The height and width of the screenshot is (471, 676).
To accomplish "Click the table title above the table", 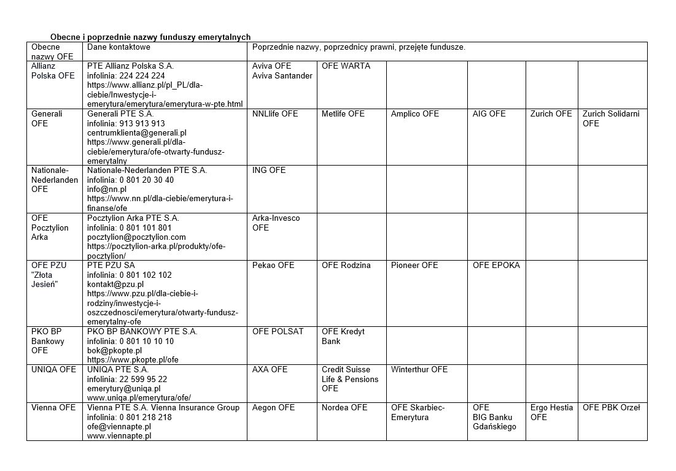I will [x=150, y=37].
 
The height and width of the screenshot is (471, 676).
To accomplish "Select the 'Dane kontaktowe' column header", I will [x=118, y=47].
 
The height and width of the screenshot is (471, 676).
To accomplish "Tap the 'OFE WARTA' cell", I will [x=346, y=66].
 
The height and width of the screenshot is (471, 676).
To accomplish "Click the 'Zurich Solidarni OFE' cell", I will [x=610, y=118].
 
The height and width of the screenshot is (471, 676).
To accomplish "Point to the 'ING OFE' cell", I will [x=269, y=170].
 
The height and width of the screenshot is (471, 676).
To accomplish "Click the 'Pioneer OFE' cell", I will [x=414, y=266].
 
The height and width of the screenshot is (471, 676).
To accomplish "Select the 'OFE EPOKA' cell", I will [x=496, y=266].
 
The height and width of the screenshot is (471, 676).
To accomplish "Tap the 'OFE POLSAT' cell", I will [x=278, y=332].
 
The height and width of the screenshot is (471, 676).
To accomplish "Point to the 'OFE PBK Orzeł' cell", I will [x=611, y=408].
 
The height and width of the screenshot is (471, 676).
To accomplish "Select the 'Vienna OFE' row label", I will [x=53, y=408].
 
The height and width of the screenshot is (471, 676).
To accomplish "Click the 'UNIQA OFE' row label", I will [x=54, y=370].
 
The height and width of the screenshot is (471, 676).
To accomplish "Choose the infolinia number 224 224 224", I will [x=142, y=76].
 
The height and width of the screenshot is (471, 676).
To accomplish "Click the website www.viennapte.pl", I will [x=119, y=436].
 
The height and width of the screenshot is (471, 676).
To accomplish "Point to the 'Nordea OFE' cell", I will [x=344, y=408].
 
